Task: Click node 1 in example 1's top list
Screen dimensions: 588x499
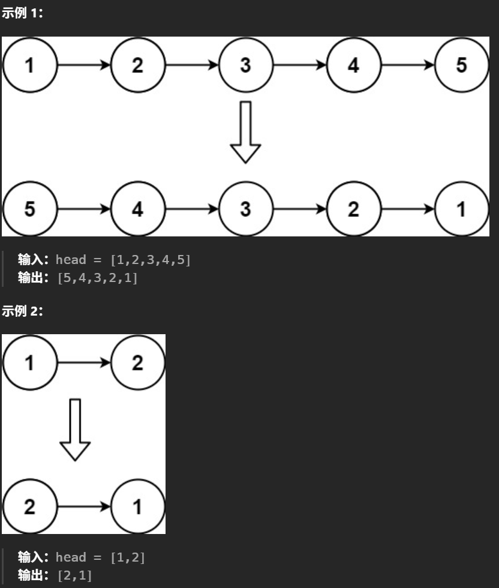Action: tap(29, 65)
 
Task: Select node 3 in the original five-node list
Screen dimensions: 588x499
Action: tap(245, 65)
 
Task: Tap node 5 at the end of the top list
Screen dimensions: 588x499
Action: tap(461, 65)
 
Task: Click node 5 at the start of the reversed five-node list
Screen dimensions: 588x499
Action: tap(29, 209)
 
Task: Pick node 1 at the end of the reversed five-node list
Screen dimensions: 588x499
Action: tap(461, 209)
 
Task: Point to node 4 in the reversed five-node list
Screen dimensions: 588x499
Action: tap(137, 209)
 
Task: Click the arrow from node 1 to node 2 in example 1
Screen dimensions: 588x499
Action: tap(83, 65)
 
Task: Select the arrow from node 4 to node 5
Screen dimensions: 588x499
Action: tap(407, 65)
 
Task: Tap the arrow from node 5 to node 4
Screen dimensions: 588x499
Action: tap(83, 209)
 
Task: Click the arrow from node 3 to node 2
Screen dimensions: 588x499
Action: tap(299, 209)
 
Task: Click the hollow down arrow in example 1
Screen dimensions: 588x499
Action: tap(245, 132)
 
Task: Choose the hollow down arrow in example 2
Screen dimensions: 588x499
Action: tap(75, 430)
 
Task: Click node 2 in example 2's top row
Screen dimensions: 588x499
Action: tap(137, 362)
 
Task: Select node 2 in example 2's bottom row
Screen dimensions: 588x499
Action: tap(29, 506)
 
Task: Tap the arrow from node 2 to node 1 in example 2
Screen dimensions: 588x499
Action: tap(83, 506)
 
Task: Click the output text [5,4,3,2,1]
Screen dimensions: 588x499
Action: tap(97, 278)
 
